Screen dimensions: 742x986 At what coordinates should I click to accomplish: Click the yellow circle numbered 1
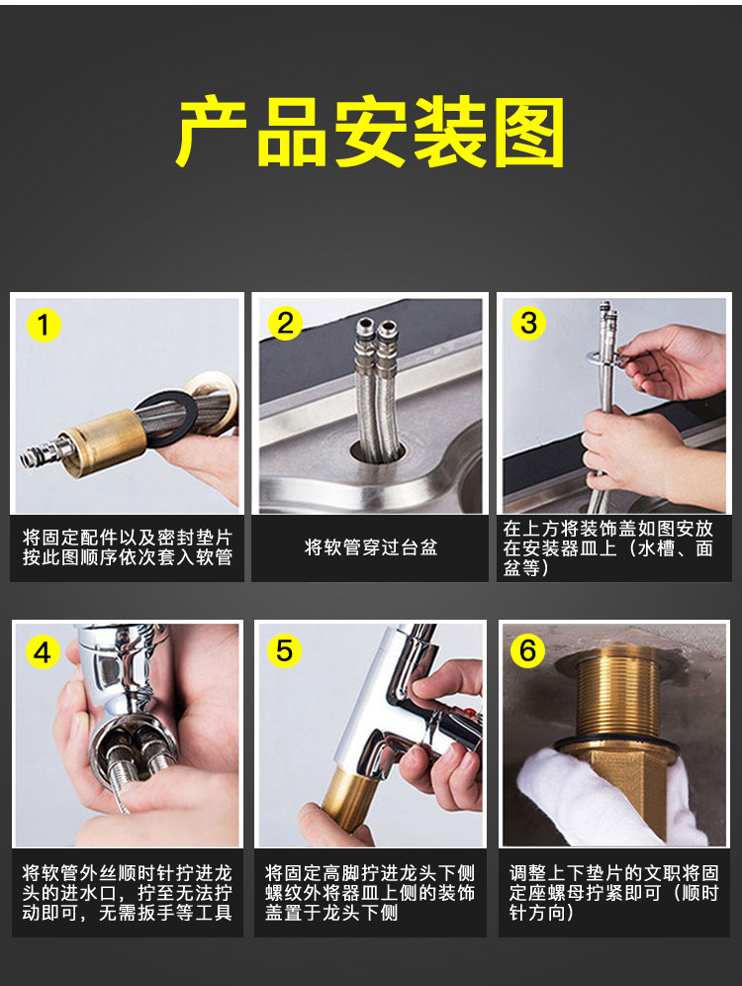pyautogui.click(x=44, y=325)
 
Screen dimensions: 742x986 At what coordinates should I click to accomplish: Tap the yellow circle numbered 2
pyautogui.click(x=285, y=323)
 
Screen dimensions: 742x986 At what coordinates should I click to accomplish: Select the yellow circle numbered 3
pyautogui.click(x=528, y=323)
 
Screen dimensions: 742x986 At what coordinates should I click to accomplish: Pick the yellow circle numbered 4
pyautogui.click(x=43, y=652)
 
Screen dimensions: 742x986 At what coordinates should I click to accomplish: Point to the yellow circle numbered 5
pyautogui.click(x=284, y=650)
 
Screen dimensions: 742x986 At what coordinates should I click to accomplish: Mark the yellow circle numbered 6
pyautogui.click(x=527, y=649)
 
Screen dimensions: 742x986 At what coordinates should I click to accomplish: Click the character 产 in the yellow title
pyautogui.click(x=211, y=132)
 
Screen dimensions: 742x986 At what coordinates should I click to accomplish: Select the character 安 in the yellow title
pyautogui.click(x=370, y=132)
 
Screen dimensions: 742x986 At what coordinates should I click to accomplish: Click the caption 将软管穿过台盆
pyautogui.click(x=371, y=547)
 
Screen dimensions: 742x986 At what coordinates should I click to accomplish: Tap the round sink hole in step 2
pyautogui.click(x=378, y=451)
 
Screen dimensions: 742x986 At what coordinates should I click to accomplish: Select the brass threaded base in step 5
pyautogui.click(x=349, y=799)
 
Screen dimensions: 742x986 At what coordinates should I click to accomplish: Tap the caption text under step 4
pyautogui.click(x=127, y=892)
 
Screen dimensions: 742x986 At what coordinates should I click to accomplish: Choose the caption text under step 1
pyautogui.click(x=127, y=547)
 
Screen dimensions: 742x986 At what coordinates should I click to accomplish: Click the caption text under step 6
pyautogui.click(x=613, y=892)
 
